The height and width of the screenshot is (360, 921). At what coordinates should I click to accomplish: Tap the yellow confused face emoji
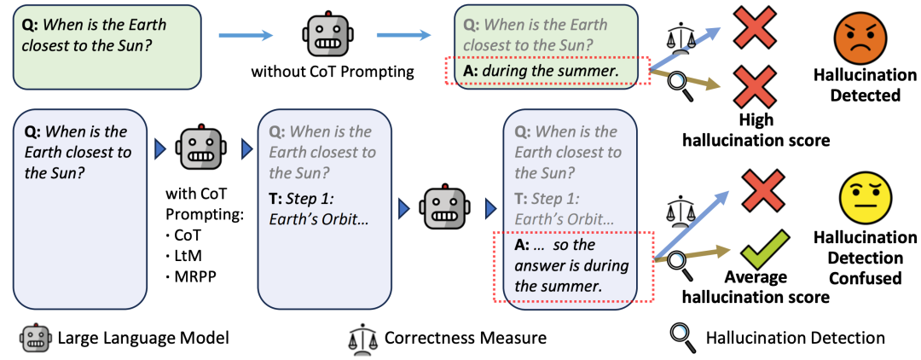tap(867, 200)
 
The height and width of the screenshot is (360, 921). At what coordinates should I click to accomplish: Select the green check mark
tap(762, 253)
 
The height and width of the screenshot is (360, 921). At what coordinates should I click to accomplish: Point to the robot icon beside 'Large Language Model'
tap(36, 338)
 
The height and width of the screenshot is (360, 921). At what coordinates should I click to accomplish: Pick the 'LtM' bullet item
tap(184, 255)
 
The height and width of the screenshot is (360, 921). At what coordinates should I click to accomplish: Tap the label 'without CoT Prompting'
tap(333, 73)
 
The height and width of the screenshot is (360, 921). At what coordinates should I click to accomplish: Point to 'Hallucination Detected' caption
tap(866, 84)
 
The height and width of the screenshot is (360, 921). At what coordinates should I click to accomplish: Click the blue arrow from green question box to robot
tap(246, 37)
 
